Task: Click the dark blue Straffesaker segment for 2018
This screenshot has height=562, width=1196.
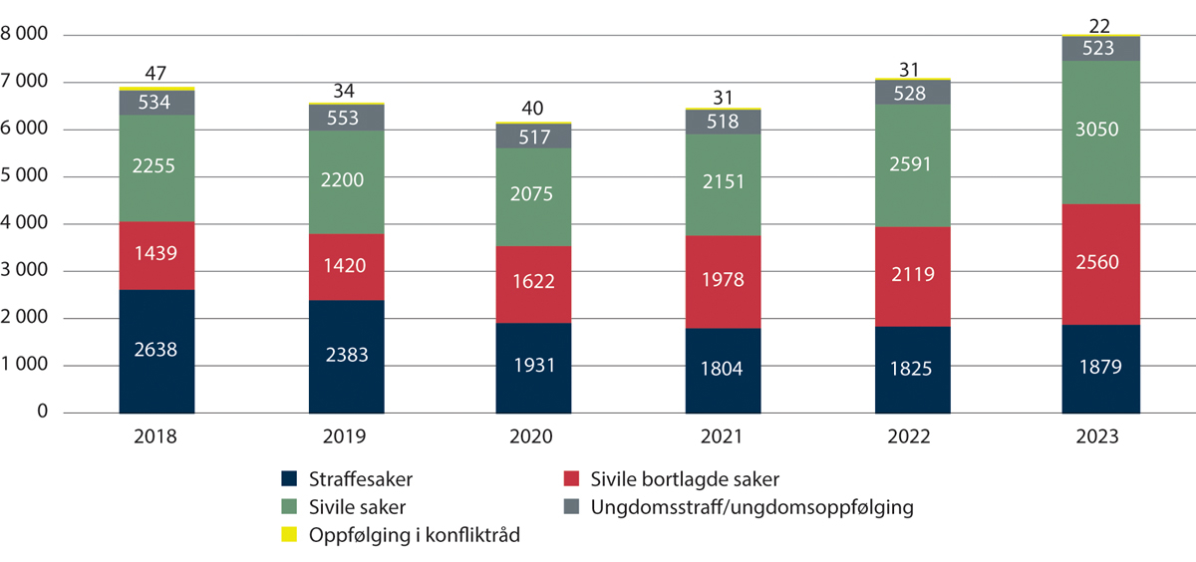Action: click(156, 351)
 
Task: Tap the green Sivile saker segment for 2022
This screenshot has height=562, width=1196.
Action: click(912, 165)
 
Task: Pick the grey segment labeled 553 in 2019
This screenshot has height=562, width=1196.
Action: click(346, 118)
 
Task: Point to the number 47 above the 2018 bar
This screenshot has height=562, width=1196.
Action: click(156, 73)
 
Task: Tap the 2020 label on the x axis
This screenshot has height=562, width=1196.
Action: click(534, 436)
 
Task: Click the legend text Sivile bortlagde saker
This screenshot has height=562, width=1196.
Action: click(685, 478)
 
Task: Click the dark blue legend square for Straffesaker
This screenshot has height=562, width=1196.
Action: click(290, 479)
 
